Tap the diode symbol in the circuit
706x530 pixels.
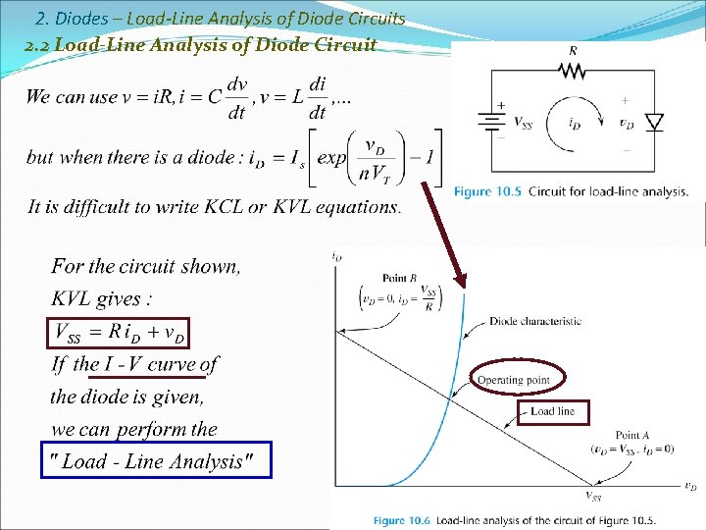point(654,123)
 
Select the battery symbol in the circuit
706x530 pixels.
point(489,122)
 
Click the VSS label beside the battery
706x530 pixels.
point(524,123)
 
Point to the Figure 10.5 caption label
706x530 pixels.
point(487,191)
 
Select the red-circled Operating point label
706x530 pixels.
point(514,380)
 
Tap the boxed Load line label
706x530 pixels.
point(553,411)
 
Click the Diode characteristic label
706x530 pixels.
point(534,321)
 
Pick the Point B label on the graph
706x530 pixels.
point(400,279)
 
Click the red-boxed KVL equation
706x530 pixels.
point(119,333)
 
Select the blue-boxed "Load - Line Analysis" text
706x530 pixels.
point(155,461)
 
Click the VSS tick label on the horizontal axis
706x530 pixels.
point(594,497)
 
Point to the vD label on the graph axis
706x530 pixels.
point(690,487)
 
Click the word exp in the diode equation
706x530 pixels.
point(332,158)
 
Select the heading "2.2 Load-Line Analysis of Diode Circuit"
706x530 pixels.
point(201,44)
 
